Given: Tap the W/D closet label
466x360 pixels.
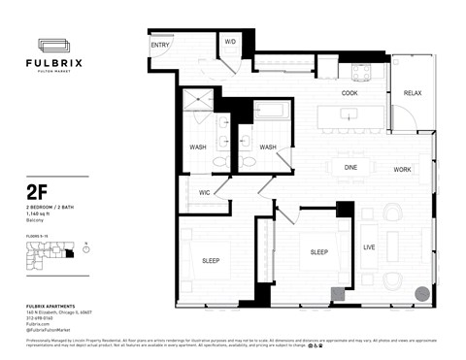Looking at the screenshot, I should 230,43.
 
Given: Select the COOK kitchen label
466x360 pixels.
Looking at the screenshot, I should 351,93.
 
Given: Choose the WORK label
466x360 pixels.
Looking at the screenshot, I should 402,169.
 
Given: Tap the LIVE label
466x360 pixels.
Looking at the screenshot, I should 369,247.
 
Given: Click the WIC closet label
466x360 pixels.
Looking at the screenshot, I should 206,192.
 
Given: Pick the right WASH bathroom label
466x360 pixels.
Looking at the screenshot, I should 268,147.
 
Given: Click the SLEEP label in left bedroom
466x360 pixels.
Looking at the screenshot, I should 210,261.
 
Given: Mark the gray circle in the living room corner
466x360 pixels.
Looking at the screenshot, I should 421,292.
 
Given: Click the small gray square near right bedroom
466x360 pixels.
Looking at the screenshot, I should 337,294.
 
